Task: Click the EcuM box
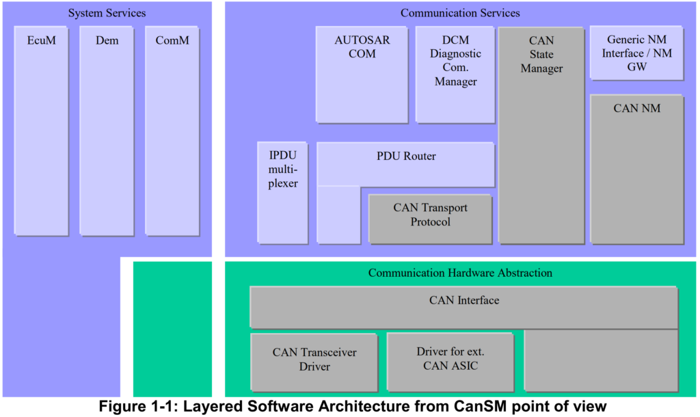coord(42,130)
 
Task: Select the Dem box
coord(107,130)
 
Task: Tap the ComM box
coord(172,130)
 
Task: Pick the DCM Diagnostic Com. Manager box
coord(455,75)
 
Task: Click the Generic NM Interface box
coord(636,53)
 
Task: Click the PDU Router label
coord(406,157)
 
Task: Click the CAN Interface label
coord(463,300)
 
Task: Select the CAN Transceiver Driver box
coord(314,360)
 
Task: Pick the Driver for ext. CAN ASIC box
coord(450,360)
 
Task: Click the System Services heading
coord(107,13)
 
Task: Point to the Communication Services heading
coord(460,13)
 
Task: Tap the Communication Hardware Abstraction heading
coord(460,273)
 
